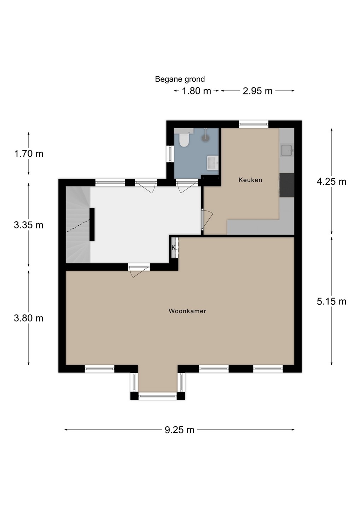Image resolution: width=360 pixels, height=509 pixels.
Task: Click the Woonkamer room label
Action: pyautogui.click(x=187, y=311)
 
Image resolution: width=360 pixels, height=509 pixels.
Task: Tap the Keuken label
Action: pyautogui.click(x=250, y=180)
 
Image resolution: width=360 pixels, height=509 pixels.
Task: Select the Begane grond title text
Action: pyautogui.click(x=180, y=79)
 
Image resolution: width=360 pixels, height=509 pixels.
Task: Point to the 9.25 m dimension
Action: pyautogui.click(x=179, y=430)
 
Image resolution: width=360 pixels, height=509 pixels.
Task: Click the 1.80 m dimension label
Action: pyautogui.click(x=196, y=91)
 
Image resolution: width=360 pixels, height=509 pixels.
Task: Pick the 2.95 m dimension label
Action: pyautogui.click(x=257, y=91)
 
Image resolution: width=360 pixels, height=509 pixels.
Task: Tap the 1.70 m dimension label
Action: pyautogui.click(x=29, y=154)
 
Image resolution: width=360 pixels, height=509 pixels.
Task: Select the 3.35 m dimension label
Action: pyautogui.click(x=29, y=225)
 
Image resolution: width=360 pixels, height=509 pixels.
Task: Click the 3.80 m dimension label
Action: pyautogui.click(x=29, y=318)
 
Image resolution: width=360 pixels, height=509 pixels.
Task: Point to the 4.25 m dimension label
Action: pyautogui.click(x=331, y=182)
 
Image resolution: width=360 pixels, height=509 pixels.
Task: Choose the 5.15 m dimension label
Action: pyautogui.click(x=331, y=302)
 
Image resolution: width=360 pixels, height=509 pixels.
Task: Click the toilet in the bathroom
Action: pyautogui.click(x=184, y=139)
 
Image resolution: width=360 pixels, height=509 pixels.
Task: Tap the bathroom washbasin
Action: pyautogui.click(x=213, y=163)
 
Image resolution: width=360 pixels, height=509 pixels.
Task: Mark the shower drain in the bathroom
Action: pyautogui.click(x=205, y=138)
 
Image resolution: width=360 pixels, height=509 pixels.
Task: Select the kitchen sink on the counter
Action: pyautogui.click(x=287, y=150)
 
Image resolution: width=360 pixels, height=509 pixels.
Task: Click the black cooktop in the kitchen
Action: pyautogui.click(x=286, y=185)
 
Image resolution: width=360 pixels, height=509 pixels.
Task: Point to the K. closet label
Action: pyautogui.click(x=174, y=248)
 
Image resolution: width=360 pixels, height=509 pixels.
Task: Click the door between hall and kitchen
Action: pyautogui.click(x=207, y=221)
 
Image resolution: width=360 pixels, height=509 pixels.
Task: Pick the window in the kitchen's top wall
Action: pyautogui.click(x=254, y=124)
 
